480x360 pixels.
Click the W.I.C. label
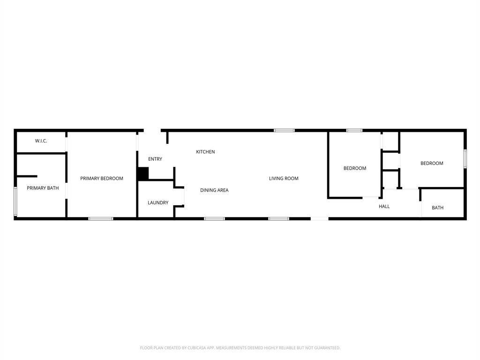41,141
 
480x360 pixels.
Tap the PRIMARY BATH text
43,188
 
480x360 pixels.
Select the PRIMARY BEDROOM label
102,179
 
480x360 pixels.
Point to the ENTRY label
155,159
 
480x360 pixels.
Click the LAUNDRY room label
158,203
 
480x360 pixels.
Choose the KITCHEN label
205,152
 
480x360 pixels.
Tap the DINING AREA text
214,190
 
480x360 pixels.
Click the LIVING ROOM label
284,179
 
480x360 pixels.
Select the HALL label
384,207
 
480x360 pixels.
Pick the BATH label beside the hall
437,208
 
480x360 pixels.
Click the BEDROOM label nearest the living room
355,168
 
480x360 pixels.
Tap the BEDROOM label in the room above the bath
432,164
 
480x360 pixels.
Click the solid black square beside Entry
143,174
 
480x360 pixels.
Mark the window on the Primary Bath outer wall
15,202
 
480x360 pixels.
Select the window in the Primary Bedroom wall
101,218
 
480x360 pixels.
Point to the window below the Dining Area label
214,218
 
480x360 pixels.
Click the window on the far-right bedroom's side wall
465,159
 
